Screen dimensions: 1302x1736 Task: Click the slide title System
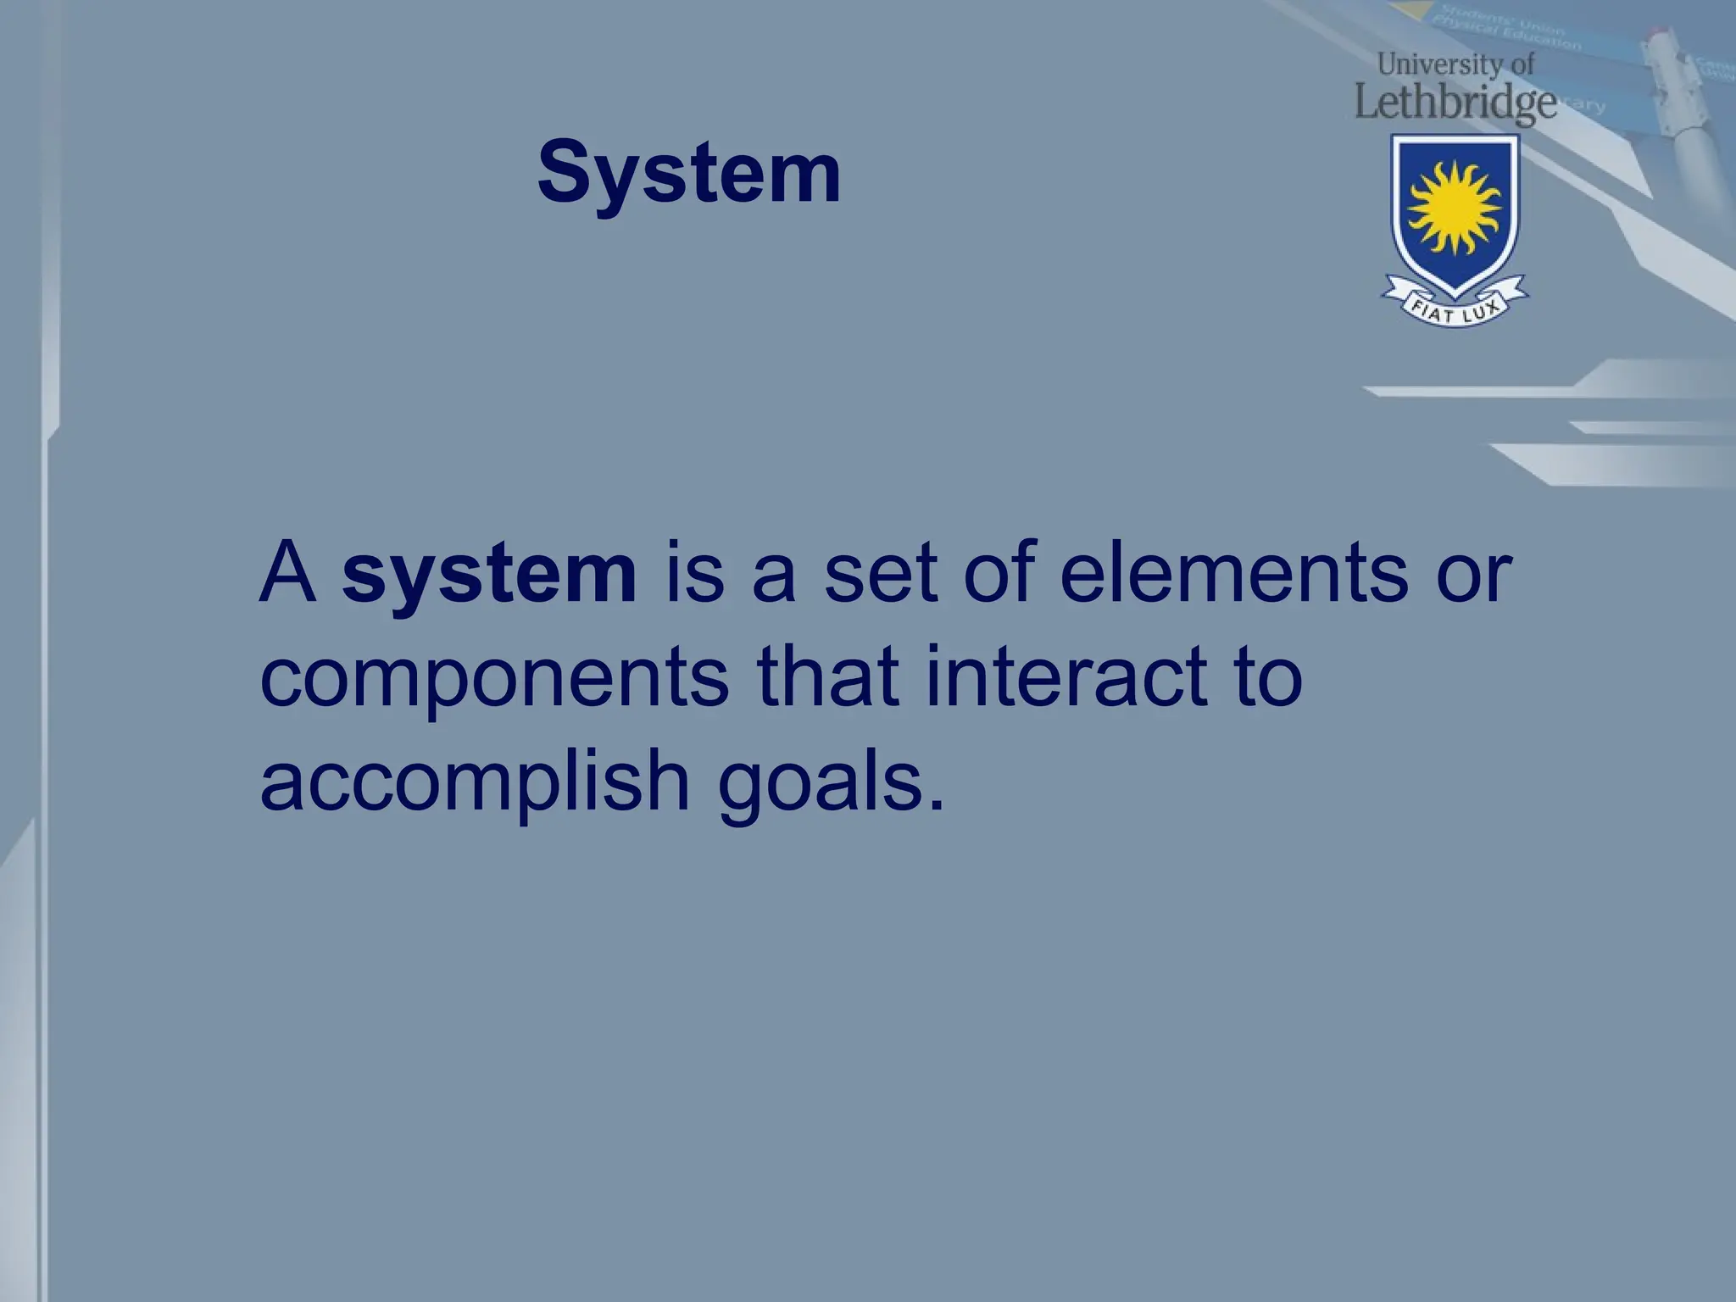(689, 174)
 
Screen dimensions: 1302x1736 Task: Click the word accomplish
(475, 782)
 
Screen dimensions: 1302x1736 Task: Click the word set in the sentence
(882, 574)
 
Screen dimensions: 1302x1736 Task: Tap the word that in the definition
(827, 676)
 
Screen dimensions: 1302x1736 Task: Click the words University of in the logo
(1455, 64)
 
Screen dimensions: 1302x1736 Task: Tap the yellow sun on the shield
(1455, 208)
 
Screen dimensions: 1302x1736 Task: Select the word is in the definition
(694, 574)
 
